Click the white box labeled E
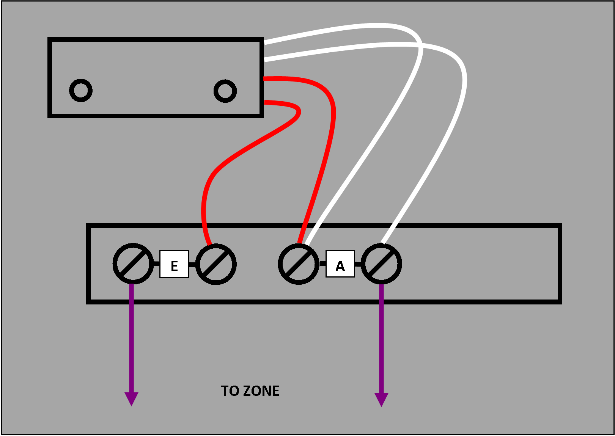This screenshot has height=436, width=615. (174, 264)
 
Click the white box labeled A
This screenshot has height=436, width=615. (340, 264)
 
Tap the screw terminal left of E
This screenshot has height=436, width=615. (133, 264)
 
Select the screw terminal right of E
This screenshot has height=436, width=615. (216, 264)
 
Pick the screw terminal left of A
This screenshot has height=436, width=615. (299, 264)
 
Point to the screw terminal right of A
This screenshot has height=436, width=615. (381, 264)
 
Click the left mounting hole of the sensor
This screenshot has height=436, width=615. (81, 90)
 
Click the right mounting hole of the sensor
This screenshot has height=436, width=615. (225, 91)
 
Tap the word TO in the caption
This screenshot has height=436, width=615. (230, 391)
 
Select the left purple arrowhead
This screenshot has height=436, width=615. (131, 398)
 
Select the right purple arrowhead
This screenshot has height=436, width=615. (381, 399)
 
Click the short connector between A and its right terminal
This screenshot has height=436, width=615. (358, 264)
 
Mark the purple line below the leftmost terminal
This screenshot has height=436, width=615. (131, 341)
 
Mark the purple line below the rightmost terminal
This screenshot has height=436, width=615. (381, 341)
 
